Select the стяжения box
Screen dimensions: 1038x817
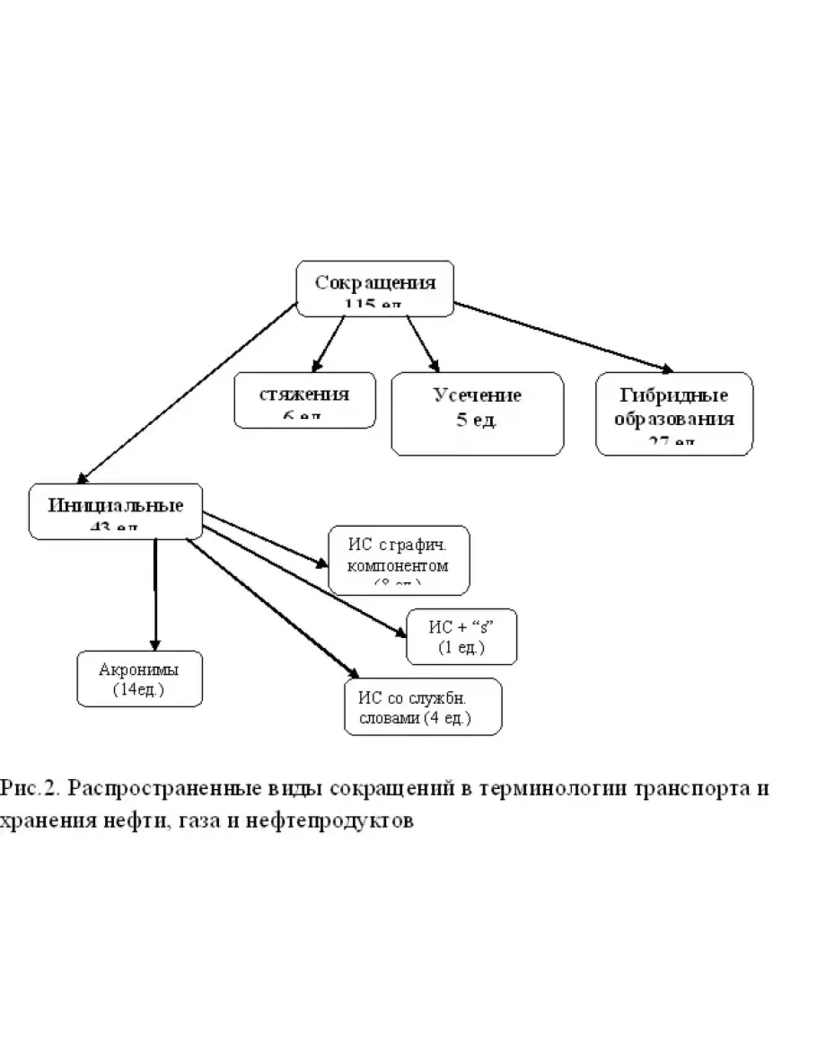304,400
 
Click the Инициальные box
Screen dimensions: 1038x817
116,510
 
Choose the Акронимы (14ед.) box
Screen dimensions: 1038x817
139,679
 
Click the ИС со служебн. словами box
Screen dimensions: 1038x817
423,708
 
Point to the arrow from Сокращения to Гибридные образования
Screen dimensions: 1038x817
566,337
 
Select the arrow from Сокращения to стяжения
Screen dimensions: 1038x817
329,342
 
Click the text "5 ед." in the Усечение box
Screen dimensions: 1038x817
476,421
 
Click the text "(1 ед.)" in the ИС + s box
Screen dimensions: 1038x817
461,648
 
